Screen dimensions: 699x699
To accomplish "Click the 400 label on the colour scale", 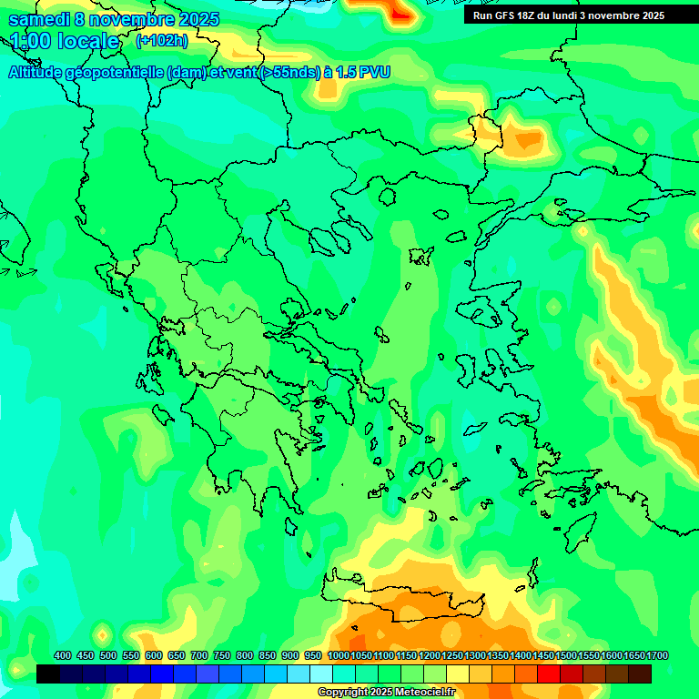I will (63, 655).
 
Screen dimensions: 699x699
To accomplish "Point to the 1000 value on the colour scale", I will (339, 655).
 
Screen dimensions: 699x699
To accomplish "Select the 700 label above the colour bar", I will (199, 655).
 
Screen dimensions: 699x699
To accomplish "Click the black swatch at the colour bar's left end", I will (48, 674).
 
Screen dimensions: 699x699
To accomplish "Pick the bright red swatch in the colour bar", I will (549, 674).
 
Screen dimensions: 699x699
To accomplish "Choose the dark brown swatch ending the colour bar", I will (640, 674).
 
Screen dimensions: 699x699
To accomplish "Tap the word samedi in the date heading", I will (40, 18).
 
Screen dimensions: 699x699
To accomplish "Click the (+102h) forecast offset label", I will (161, 41).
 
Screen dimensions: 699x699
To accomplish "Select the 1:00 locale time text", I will (65, 41).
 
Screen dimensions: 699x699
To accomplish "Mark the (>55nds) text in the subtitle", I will (289, 73).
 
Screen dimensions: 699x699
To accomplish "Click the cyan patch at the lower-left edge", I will (7, 582).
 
